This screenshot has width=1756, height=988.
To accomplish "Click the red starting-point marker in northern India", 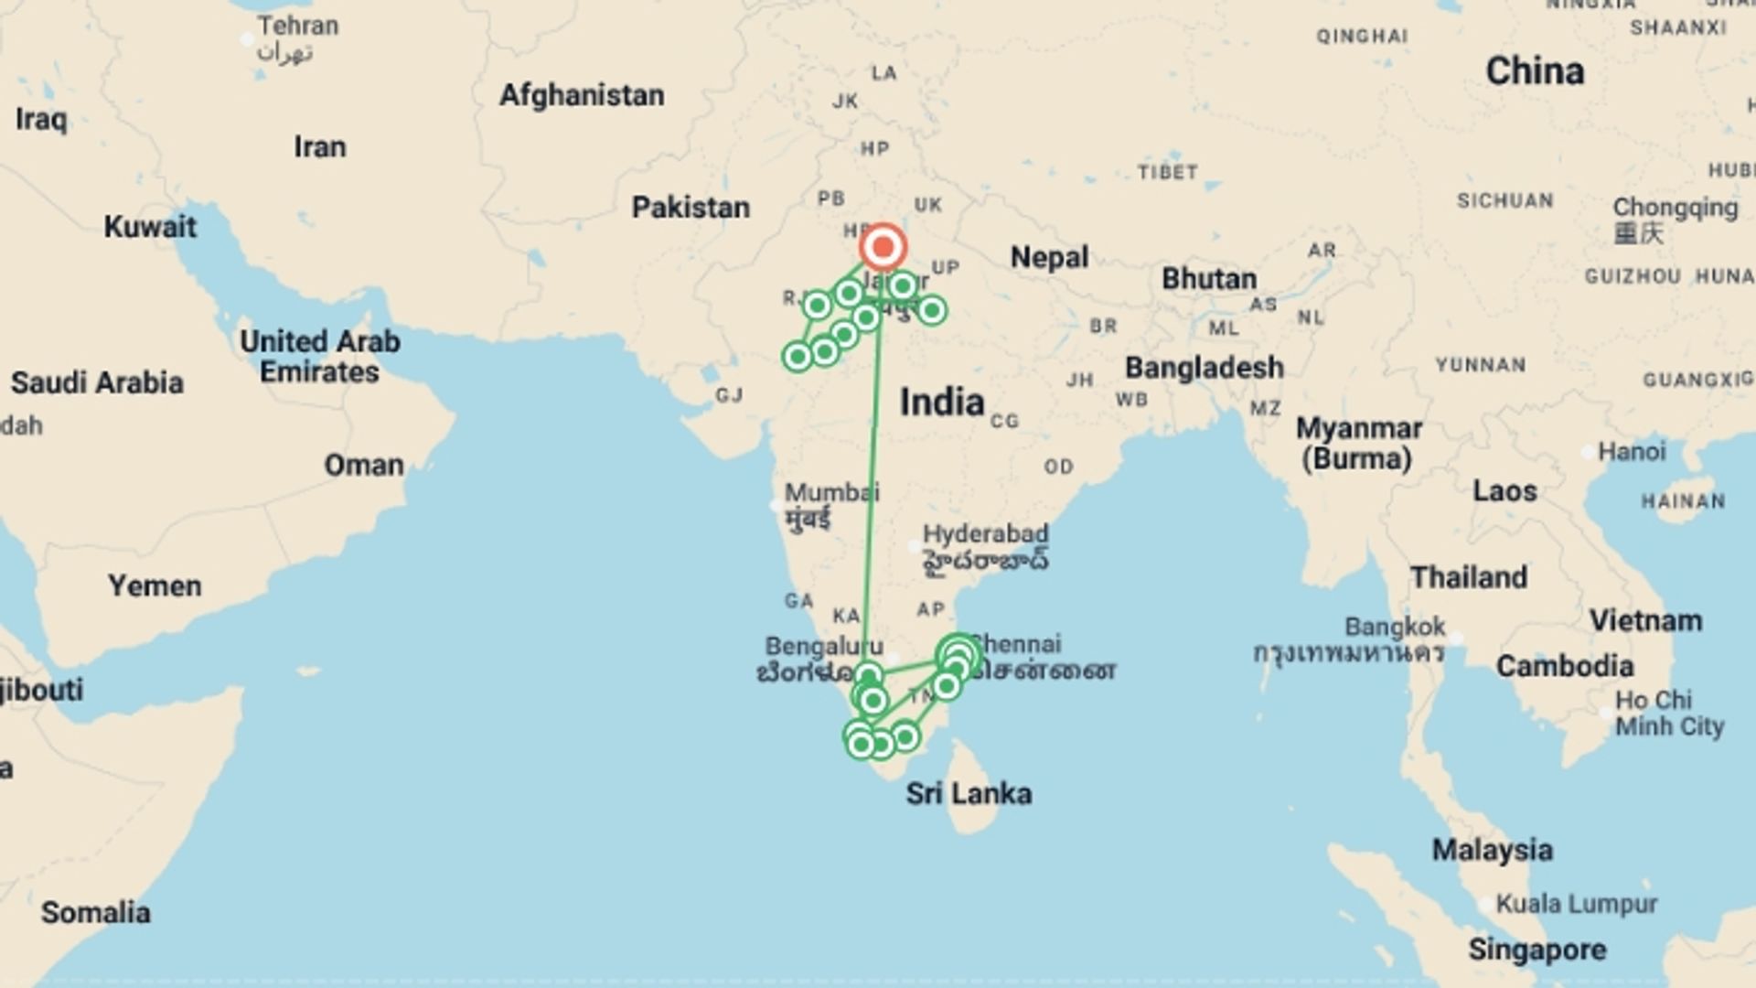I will tap(883, 247).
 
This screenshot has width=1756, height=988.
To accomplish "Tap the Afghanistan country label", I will tap(582, 95).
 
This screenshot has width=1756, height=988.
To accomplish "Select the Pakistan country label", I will tap(691, 208).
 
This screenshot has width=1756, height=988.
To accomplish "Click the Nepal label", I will tap(1049, 258).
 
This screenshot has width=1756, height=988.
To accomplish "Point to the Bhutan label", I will tap(1209, 279).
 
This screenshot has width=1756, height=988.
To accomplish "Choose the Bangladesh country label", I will tap(1204, 368).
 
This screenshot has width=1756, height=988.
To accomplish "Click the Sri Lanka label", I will tap(969, 793).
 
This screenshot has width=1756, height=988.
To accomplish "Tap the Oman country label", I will tap(364, 466).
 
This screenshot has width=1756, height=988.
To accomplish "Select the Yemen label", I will tap(155, 585).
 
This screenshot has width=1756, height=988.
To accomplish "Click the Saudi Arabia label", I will tap(97, 382).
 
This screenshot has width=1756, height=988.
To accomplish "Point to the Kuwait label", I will tap(150, 227).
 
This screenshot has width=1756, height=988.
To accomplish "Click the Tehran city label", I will tap(297, 26).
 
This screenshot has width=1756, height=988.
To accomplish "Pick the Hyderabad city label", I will tap(985, 534).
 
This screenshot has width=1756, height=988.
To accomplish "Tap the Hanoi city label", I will tap(1632, 452).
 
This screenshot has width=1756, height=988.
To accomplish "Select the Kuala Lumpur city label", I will tap(1576, 904).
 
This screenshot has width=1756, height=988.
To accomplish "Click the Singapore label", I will tap(1536, 950).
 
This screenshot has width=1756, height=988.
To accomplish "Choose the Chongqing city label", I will tap(1675, 208).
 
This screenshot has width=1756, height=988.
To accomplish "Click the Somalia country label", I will tap(96, 912).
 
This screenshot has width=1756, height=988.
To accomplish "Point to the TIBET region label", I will tap(1167, 172).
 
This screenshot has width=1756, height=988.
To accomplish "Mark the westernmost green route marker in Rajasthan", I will tap(798, 356).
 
